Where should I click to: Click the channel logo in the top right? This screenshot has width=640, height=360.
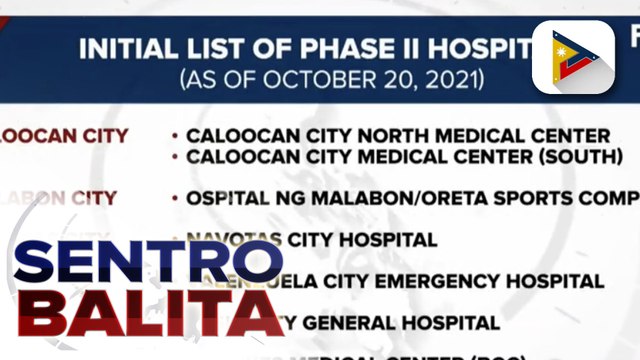coord(573,57)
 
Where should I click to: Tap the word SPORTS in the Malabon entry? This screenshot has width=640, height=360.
coord(521,198)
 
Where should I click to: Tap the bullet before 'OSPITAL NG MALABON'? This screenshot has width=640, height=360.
coord(175,198)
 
